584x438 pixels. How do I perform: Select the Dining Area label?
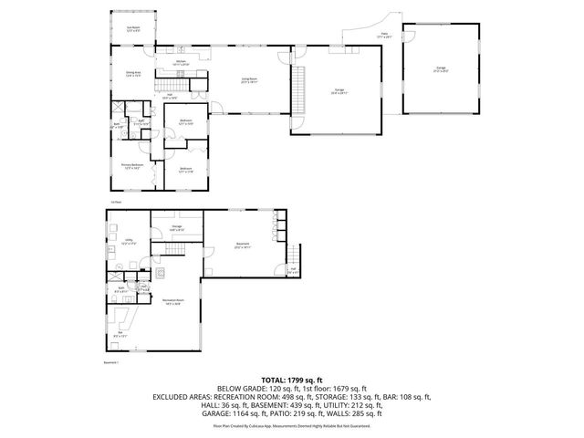point(132,75)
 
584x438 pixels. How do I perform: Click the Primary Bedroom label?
point(134,166)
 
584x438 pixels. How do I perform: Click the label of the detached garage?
point(441,69)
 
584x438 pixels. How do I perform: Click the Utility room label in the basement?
point(128,244)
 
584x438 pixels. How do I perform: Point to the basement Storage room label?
point(177,228)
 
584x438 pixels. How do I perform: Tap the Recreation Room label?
point(173,304)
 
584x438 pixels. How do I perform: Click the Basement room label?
point(242,245)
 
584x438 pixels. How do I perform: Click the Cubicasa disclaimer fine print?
point(291,425)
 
